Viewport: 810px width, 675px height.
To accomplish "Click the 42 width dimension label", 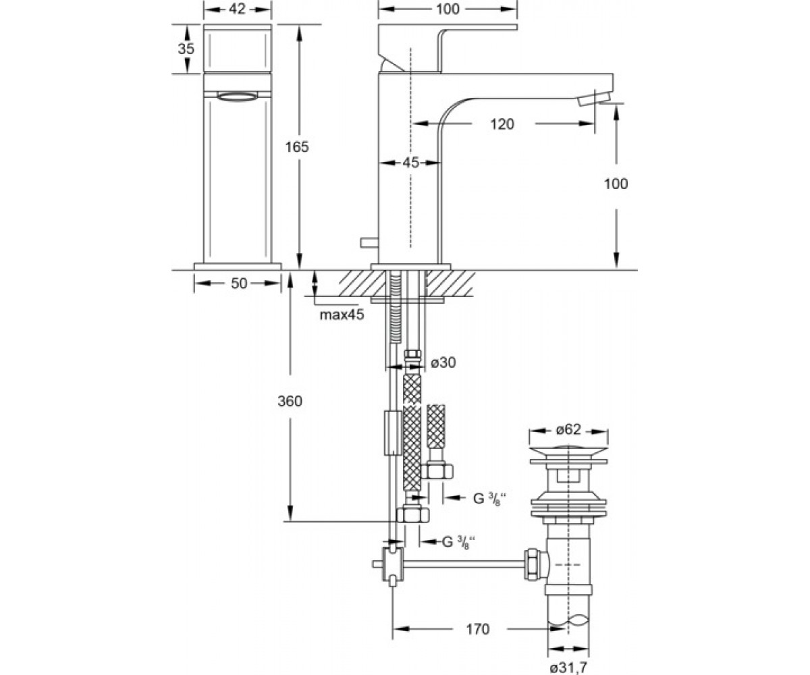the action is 237,9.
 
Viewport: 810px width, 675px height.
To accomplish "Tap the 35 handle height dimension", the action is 186,49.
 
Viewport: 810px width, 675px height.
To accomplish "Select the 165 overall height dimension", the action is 297,147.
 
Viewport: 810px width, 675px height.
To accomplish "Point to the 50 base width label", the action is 239,283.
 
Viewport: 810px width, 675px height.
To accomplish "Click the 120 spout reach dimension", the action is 502,124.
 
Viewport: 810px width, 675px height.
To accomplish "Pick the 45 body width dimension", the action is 410,163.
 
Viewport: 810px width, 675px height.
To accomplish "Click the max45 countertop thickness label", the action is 342,315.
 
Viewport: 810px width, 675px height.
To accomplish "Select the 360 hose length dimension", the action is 290,401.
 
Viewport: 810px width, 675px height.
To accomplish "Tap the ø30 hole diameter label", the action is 443,362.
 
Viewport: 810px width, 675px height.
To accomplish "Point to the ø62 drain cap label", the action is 568,429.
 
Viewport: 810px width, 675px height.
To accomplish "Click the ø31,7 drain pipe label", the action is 568,668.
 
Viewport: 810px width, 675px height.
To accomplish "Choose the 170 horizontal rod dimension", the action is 477,629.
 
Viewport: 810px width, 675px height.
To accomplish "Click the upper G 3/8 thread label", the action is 489,499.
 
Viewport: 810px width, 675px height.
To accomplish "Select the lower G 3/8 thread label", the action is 459,541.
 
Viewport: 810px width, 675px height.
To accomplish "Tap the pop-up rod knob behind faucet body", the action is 369,242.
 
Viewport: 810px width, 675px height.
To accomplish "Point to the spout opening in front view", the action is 237,97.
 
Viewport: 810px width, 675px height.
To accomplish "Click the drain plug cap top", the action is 569,452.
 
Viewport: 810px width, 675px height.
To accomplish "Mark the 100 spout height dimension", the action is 616,184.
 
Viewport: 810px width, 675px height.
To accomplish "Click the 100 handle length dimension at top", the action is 448,9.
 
